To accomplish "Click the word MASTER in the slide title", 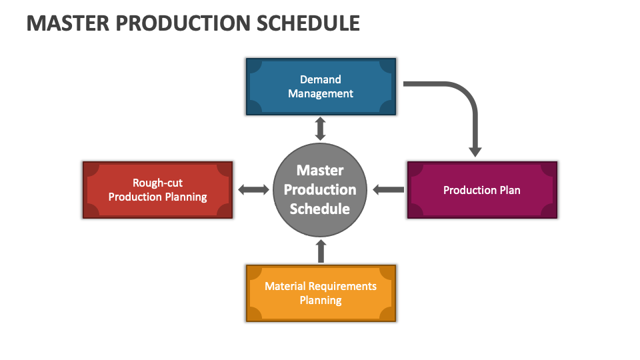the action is tap(68, 23).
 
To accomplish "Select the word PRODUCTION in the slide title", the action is tap(183, 23).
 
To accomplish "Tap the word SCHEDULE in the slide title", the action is tap(308, 23).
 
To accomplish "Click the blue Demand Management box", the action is tap(321, 87).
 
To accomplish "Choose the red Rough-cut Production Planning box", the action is tap(157, 190).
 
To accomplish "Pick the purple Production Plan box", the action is tap(482, 190).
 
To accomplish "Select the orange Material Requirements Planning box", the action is tap(321, 293).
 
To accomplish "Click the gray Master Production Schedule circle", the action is tap(320, 190).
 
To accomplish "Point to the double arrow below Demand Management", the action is tap(321, 129).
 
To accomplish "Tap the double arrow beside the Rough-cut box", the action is tap(253, 189).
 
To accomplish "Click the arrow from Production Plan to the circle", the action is tap(389, 189).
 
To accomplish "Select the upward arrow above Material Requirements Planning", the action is tap(321, 251).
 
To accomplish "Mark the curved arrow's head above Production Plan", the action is tap(475, 152).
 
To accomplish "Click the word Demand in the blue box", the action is tap(321, 79).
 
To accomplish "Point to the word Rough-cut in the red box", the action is tap(157, 183).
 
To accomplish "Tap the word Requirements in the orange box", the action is tap(342, 286).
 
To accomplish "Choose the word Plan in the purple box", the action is tap(510, 190).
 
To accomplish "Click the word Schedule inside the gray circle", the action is tap(320, 209).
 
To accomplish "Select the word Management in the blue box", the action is tap(321, 94).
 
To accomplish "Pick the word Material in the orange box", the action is tap(285, 286).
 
